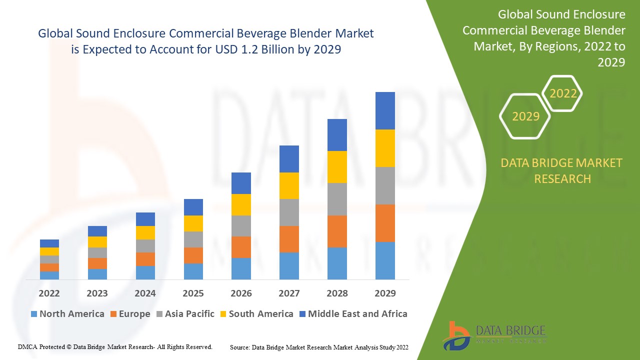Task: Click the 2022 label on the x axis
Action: [x=49, y=293]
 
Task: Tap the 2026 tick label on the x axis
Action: [x=241, y=293]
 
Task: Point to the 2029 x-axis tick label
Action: [x=385, y=293]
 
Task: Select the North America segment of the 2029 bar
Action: [x=385, y=260]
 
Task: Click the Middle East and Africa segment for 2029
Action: [x=385, y=110]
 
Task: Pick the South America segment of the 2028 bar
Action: [x=337, y=167]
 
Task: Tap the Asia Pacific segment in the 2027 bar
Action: [x=289, y=212]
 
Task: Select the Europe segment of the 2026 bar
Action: [x=241, y=247]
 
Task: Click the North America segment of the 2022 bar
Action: [x=49, y=275]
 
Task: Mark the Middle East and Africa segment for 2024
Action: [x=145, y=219]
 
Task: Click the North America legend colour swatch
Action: [x=34, y=314]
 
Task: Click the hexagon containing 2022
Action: [x=563, y=93]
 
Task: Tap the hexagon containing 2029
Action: [x=525, y=116]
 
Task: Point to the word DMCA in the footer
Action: [x=27, y=346]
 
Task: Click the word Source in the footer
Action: [x=239, y=347]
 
